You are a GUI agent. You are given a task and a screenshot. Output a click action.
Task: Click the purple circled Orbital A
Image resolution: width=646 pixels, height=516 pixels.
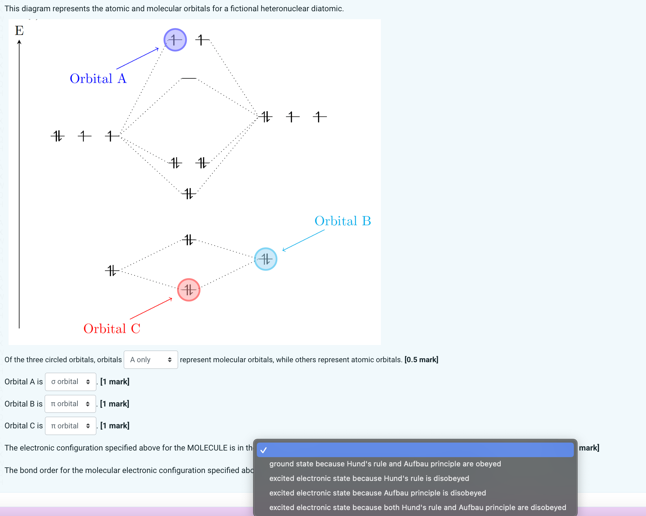(175, 40)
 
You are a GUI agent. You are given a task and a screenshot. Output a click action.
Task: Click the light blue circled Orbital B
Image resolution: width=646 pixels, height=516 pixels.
(265, 259)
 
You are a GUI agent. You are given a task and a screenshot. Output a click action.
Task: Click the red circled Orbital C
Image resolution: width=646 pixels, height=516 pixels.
(189, 290)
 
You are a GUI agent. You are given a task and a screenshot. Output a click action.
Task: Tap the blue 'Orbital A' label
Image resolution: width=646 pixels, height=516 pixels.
(98, 79)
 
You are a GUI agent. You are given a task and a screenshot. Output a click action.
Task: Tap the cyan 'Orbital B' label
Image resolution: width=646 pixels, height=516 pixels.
(343, 221)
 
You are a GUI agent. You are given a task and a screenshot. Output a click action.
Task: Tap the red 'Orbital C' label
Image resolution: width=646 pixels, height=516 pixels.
(112, 329)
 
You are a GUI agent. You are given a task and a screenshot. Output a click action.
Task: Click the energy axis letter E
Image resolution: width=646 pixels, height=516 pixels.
(19, 30)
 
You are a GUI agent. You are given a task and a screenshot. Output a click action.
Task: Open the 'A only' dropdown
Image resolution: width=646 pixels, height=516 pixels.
(151, 360)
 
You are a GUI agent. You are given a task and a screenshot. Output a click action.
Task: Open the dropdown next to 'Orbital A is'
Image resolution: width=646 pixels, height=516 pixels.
(70, 382)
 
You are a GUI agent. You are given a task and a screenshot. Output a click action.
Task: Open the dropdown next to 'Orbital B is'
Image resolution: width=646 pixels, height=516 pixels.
(70, 404)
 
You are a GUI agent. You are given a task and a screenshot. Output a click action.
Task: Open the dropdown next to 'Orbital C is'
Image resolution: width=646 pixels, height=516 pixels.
(70, 426)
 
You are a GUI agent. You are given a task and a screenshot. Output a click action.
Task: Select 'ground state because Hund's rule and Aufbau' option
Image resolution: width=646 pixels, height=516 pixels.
(385, 464)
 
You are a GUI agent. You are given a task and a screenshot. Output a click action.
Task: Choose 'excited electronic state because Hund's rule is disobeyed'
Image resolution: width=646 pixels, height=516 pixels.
(369, 478)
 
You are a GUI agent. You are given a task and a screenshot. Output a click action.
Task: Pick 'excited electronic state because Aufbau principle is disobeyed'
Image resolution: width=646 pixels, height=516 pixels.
(378, 493)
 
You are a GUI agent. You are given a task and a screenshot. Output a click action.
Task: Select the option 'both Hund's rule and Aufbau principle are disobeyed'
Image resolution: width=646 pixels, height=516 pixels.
(418, 507)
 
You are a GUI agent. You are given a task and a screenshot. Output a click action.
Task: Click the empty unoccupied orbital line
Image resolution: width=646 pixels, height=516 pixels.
(189, 78)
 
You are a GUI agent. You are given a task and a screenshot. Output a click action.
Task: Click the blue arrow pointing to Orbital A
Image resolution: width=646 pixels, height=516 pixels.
(137, 59)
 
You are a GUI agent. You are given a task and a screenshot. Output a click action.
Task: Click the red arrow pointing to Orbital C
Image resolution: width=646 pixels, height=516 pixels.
(151, 308)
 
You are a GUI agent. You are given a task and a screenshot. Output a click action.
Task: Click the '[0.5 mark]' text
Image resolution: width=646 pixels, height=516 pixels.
(421, 360)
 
